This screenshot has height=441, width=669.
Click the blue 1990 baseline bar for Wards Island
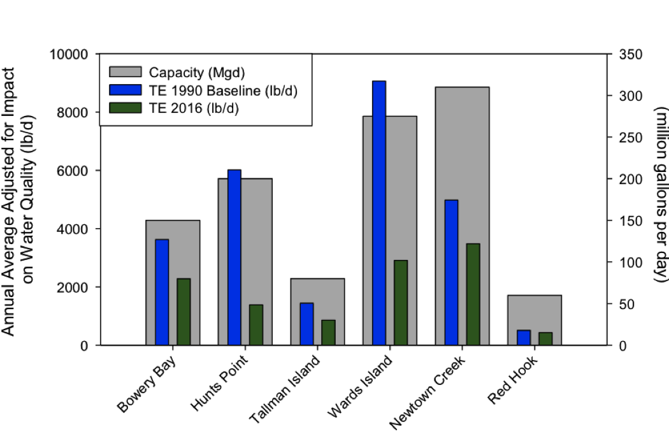379,213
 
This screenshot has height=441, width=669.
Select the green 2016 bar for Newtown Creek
473,294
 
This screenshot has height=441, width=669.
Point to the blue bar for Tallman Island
306,324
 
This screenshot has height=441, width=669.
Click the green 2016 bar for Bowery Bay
183,312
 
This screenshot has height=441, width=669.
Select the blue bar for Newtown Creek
452,273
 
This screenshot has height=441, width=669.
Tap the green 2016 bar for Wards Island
401,303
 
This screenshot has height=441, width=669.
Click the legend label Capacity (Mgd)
197,71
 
